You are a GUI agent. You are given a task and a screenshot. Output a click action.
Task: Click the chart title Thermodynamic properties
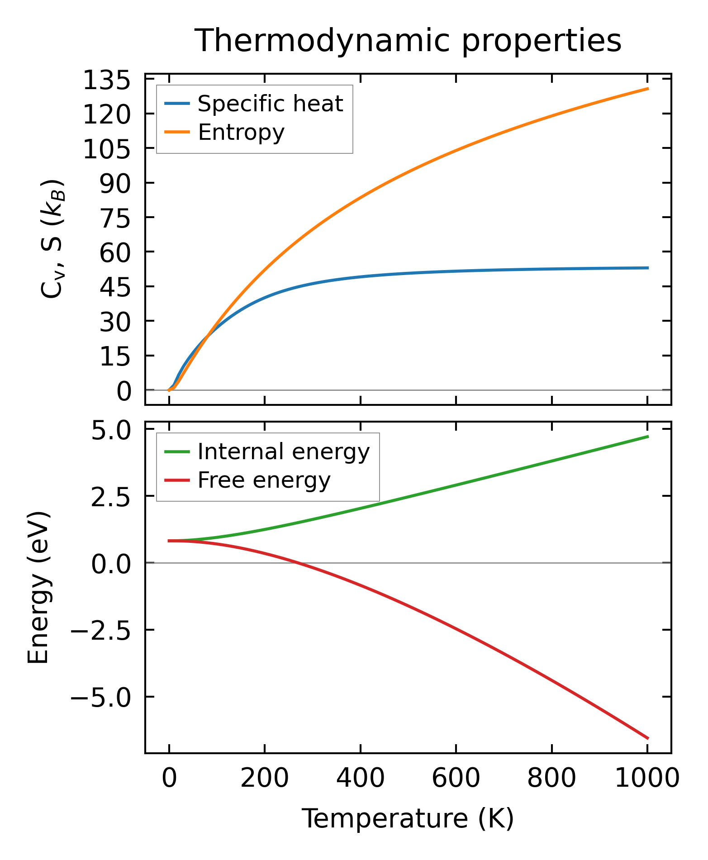coord(408,41)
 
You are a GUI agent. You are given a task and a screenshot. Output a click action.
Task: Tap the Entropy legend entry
coord(241,132)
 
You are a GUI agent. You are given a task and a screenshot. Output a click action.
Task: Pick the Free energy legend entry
coord(264,480)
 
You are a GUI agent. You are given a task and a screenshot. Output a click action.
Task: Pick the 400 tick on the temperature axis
coord(360,779)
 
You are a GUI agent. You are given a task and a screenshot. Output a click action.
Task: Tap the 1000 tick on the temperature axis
coord(647,779)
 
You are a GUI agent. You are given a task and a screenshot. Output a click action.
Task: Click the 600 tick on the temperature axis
coord(456,779)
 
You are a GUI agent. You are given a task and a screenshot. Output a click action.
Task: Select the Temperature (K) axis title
coord(408,818)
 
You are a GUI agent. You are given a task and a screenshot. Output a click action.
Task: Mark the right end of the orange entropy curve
coord(648,89)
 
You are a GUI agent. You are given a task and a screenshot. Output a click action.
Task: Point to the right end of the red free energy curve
coord(648,738)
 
